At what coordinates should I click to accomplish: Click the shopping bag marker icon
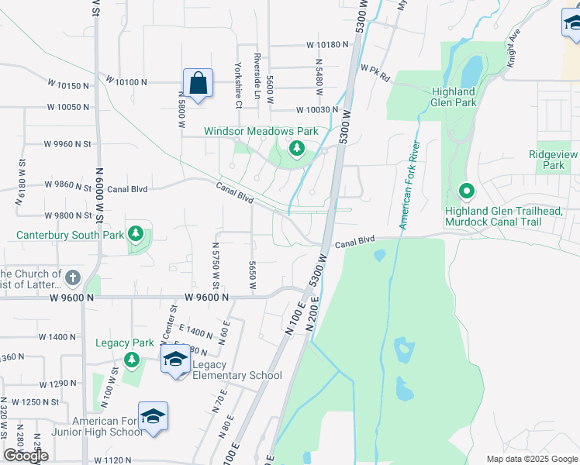198,83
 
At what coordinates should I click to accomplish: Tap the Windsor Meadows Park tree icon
296,148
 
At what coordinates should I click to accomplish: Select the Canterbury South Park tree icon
136,233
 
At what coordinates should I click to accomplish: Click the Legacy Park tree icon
132,360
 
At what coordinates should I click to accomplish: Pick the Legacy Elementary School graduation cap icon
175,359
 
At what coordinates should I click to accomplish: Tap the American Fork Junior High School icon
153,416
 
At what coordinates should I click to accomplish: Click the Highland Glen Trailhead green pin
466,190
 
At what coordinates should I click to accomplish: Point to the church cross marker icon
72,277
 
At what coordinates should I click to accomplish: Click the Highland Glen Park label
464,96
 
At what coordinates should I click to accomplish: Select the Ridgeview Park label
554,160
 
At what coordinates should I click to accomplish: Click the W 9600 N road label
206,298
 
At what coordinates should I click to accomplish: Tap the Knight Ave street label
514,48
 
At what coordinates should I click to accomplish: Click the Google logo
26,456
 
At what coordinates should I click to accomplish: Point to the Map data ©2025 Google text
531,459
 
